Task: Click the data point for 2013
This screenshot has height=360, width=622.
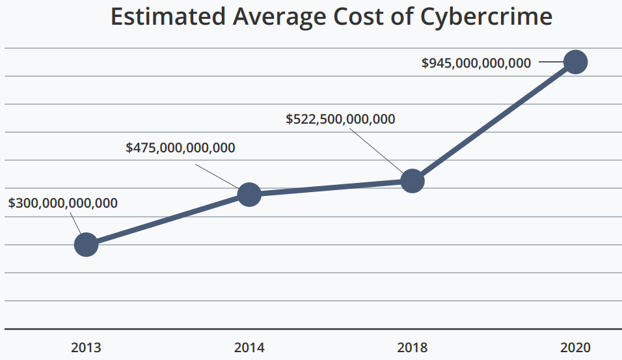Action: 86,245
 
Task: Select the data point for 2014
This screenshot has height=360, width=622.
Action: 249,194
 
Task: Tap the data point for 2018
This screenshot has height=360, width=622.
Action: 412,180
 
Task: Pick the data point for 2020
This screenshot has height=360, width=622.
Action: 575,62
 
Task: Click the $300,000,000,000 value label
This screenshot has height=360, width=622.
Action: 63,203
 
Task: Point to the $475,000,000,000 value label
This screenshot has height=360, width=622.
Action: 180,147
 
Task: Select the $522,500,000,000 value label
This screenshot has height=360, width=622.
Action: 340,119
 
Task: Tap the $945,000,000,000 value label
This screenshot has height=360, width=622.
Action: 476,63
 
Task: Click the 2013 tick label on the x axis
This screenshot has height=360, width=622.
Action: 86,348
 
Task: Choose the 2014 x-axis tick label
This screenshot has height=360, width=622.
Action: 249,348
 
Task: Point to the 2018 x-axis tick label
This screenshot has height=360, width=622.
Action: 412,348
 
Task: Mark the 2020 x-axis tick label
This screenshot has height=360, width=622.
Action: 575,348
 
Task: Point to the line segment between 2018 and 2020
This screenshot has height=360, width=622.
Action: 494,121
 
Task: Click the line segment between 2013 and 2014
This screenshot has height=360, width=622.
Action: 168,219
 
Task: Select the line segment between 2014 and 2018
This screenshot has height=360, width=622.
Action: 331,187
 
